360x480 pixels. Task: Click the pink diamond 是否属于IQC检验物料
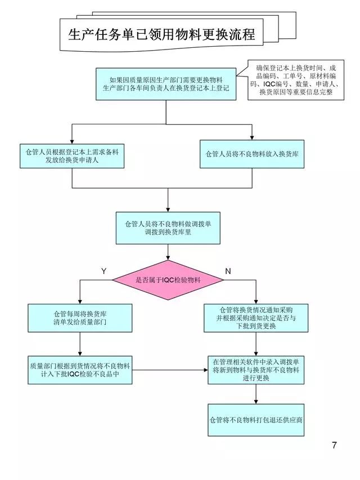pyautogui.click(x=169, y=280)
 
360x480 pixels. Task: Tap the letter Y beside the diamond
pyautogui.click(x=103, y=271)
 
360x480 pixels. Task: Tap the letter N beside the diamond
pyautogui.click(x=228, y=271)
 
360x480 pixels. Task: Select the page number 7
pyautogui.click(x=334, y=446)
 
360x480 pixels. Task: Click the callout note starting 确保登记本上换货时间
pyautogui.click(x=296, y=81)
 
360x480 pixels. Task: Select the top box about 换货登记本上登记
pyautogui.click(x=166, y=84)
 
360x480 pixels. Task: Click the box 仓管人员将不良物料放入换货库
pyautogui.click(x=252, y=154)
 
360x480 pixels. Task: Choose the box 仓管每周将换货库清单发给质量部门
pyautogui.click(x=80, y=318)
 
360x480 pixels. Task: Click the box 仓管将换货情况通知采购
pyautogui.click(x=255, y=318)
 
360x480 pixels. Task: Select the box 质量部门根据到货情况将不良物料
pyautogui.click(x=80, y=370)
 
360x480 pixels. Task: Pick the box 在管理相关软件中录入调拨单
pyautogui.click(x=255, y=370)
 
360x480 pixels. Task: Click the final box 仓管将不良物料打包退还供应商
pyautogui.click(x=255, y=420)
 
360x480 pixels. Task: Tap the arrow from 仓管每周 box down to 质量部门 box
pyautogui.click(x=80, y=344)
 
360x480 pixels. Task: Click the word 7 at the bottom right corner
pyautogui.click(x=334, y=446)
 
